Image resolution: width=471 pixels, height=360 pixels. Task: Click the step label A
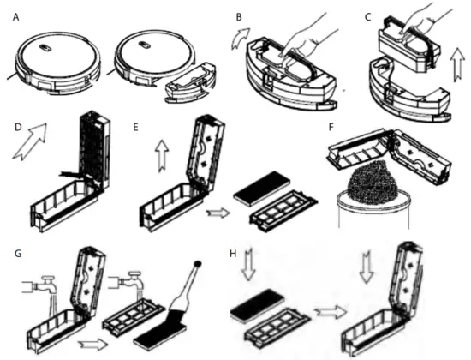[15, 17]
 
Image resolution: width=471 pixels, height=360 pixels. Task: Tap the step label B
[239, 17]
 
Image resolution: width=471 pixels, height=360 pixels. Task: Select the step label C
[367, 17]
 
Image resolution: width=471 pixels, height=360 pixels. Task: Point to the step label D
[18, 127]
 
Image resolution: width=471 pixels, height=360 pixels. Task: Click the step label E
[135, 127]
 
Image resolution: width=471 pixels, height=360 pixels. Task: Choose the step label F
[331, 127]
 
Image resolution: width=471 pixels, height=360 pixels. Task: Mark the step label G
[18, 254]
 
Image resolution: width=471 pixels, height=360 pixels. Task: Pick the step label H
[233, 254]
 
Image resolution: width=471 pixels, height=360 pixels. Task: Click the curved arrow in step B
[240, 38]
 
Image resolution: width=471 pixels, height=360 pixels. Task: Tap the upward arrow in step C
[457, 64]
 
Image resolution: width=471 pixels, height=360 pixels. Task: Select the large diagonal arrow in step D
[30, 141]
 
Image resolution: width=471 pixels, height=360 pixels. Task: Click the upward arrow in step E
[162, 156]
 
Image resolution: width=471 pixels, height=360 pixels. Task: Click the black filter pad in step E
[262, 189]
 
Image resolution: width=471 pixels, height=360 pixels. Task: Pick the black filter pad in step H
[258, 304]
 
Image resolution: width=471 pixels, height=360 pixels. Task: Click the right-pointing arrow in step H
[330, 313]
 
